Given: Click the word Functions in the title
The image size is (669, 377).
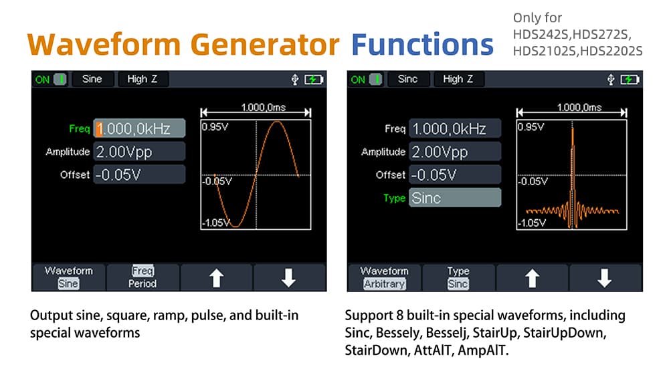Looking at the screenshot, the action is click(x=422, y=44).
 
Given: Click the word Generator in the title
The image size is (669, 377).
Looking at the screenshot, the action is click(x=264, y=44).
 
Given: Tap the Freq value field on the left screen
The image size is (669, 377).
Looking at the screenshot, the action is click(x=139, y=128).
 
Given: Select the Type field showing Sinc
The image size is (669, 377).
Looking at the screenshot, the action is click(x=455, y=198).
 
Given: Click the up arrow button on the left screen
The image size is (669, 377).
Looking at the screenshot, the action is click(x=216, y=277).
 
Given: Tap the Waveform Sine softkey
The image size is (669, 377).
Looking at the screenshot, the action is click(x=69, y=277).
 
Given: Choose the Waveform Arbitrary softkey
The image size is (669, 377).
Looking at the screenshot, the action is click(x=385, y=277).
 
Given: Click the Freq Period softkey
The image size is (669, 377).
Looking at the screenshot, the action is click(x=142, y=277).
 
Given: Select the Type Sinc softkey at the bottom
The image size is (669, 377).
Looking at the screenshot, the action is click(x=458, y=277).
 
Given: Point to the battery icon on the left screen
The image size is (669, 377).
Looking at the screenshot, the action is click(x=314, y=80).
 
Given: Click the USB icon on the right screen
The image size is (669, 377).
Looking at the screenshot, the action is click(x=611, y=80).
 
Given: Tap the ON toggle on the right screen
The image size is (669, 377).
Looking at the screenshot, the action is click(x=367, y=80).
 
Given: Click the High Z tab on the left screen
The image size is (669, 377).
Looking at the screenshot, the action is click(x=142, y=80).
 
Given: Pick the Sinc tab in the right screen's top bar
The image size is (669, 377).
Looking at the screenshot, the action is click(x=408, y=80).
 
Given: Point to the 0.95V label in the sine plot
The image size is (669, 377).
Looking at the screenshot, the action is click(x=215, y=126).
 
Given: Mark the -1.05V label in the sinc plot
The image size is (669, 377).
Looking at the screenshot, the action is click(x=532, y=223).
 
